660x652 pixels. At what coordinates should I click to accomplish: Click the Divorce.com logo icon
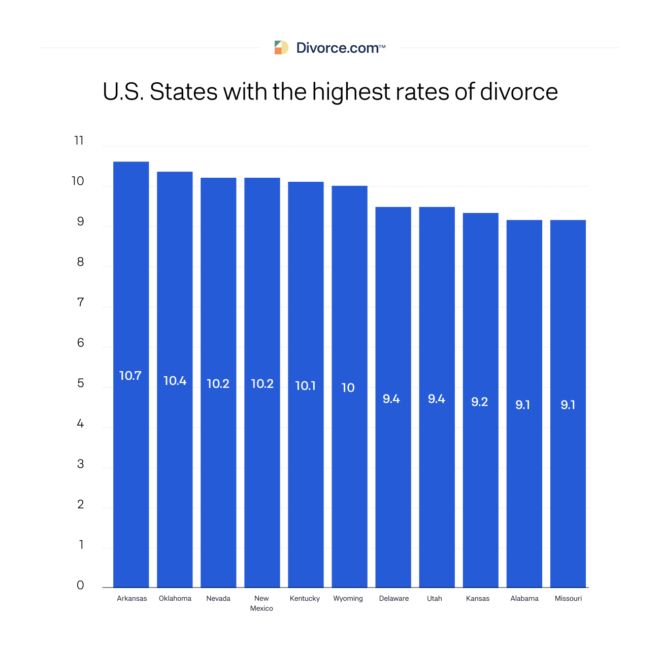[x=281, y=48]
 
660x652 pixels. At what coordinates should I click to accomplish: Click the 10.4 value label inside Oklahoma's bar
[x=175, y=381]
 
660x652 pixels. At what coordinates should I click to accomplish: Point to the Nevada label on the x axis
[x=218, y=598]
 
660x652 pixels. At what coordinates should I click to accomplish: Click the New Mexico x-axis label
[x=261, y=603]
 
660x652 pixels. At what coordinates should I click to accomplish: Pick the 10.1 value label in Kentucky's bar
[x=306, y=386]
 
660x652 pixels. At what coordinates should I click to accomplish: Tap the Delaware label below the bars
[x=393, y=598]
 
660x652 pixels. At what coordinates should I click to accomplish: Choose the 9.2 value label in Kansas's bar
[x=480, y=402]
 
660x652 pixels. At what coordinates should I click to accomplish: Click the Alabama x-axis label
[x=524, y=598]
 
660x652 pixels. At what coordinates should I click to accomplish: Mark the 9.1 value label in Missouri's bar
[x=568, y=405]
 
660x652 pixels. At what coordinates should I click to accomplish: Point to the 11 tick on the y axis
[x=79, y=141]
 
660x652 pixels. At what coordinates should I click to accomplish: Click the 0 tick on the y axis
[x=80, y=585]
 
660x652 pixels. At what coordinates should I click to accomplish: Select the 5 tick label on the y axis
[x=80, y=383]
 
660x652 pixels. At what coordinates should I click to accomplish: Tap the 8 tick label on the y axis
[x=80, y=262]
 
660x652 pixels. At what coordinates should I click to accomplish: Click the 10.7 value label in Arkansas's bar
[x=130, y=376]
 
